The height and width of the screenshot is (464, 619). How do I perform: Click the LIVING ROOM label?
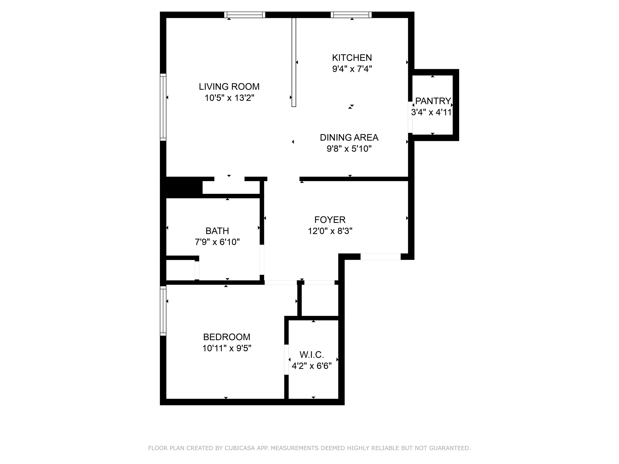(x=229, y=87)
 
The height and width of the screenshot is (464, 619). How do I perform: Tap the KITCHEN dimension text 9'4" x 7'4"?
(x=352, y=69)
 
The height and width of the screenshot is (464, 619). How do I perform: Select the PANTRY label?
(x=433, y=101)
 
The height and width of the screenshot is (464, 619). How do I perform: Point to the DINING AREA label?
(x=349, y=137)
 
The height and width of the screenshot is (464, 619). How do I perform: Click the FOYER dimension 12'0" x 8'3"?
(x=330, y=231)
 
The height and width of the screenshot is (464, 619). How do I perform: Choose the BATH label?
(x=217, y=231)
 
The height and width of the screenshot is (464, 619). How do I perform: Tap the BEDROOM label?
(x=226, y=337)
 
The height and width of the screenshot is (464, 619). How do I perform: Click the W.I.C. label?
(x=312, y=355)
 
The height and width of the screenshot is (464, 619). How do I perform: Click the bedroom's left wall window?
(x=163, y=311)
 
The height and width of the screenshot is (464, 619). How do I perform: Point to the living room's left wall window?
(x=163, y=107)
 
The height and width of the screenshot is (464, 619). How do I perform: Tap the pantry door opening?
(x=410, y=117)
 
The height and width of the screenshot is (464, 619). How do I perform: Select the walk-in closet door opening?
(x=286, y=359)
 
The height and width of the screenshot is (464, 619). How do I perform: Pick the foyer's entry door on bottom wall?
(x=380, y=257)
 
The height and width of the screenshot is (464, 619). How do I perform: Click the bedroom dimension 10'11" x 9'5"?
(x=226, y=348)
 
